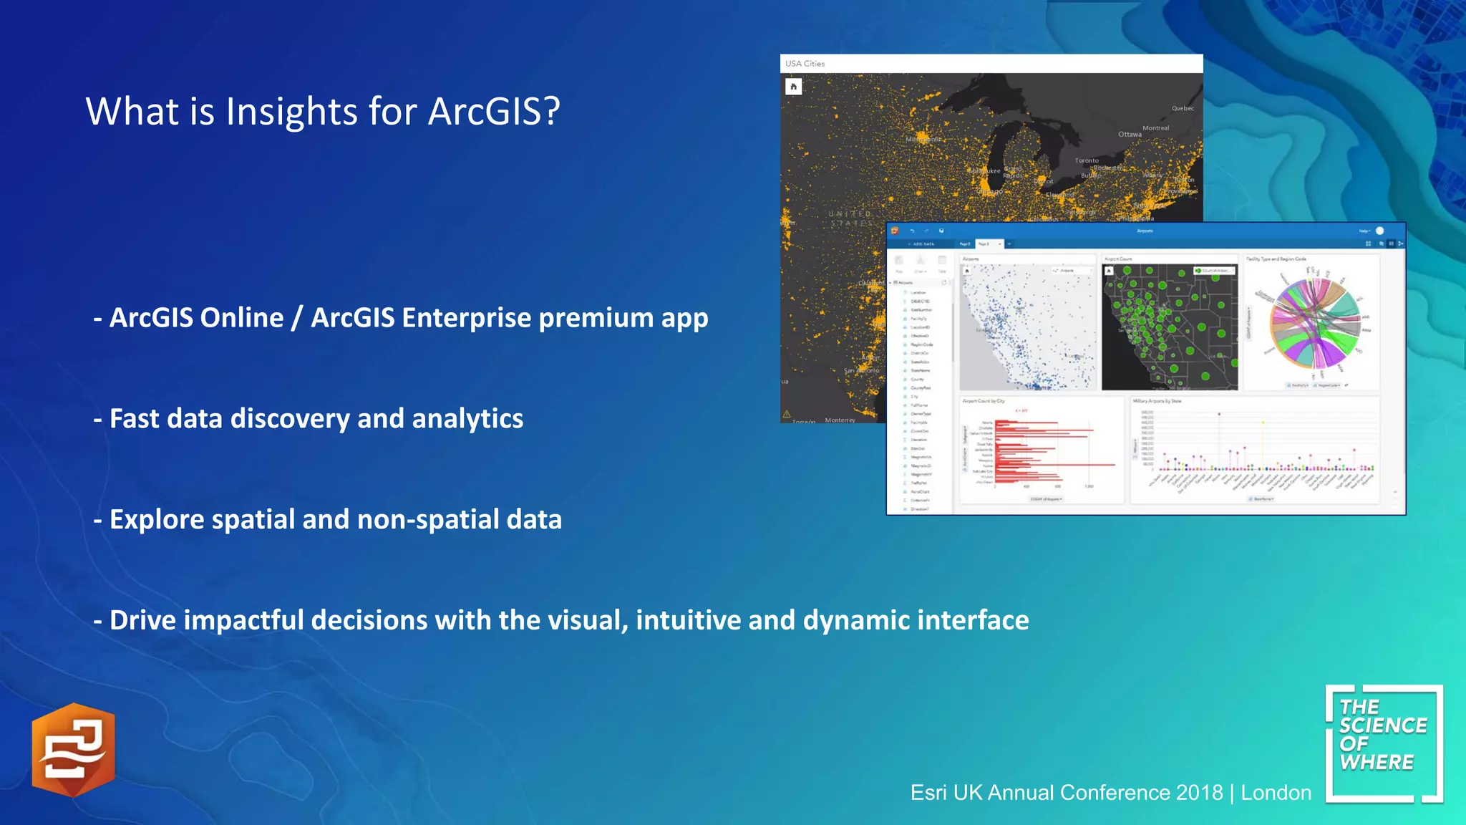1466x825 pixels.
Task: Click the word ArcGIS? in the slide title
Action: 494,112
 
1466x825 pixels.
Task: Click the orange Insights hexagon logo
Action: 73,750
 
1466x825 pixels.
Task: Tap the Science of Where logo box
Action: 1383,743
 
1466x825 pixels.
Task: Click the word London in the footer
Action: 1276,793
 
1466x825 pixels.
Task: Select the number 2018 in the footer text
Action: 1199,793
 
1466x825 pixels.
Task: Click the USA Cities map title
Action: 805,64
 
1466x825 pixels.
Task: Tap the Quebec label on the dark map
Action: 1182,109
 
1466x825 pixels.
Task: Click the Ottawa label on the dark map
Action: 1130,135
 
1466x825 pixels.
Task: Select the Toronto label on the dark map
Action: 1086,161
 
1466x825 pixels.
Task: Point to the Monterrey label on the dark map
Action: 840,420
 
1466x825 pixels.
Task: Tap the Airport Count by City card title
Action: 984,401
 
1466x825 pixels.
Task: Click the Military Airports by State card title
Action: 1156,401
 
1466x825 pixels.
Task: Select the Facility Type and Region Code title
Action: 1276,259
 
